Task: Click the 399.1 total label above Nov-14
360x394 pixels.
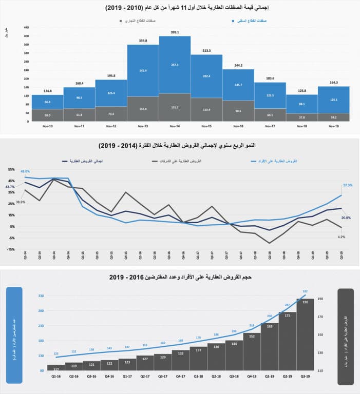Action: [175, 32]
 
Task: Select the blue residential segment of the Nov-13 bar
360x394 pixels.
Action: [143, 71]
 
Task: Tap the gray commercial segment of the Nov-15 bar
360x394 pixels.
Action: [206, 109]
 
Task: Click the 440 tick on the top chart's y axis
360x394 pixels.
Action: [27, 27]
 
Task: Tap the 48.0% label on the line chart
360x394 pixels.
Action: [26, 171]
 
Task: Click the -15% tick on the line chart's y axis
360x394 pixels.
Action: [11, 249]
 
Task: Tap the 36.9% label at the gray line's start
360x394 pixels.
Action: [21, 202]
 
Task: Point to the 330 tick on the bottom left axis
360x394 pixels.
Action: [41, 295]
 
